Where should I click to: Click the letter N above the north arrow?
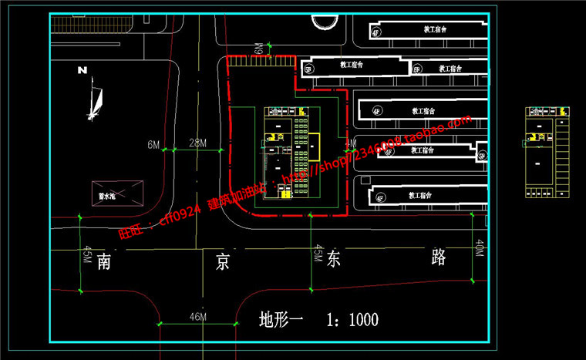tap(82, 70)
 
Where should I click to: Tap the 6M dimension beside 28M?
tap(153, 144)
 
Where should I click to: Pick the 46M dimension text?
tap(197, 317)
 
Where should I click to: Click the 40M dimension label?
tap(479, 248)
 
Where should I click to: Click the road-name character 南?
tap(106, 261)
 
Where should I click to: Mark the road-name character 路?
tap(439, 257)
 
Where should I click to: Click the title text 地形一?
tap(281, 319)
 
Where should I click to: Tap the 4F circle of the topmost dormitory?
tap(376, 32)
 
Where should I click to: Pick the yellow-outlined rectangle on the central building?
tap(314, 146)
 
